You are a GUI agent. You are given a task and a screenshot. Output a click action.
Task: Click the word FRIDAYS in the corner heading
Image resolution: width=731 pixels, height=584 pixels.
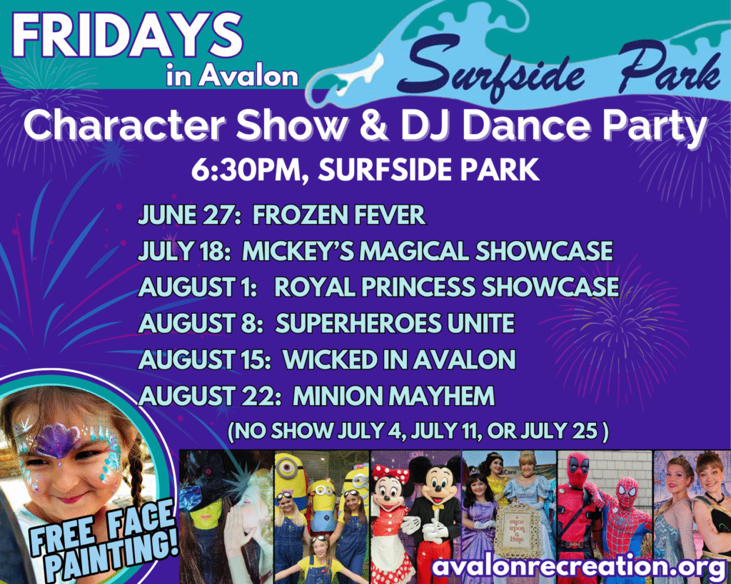pos(128,36)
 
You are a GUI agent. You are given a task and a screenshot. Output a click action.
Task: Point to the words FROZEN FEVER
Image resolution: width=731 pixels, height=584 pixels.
pos(339,215)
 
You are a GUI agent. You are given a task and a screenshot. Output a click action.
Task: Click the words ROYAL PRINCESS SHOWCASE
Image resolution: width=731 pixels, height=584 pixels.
pos(447,287)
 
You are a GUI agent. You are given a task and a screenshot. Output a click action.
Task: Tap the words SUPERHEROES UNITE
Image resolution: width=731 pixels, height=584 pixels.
pos(395,323)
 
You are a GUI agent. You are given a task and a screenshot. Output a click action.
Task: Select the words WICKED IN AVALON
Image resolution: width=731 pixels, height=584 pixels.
pos(399,359)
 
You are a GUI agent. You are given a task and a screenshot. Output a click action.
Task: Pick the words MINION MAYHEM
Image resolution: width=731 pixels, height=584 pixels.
pos(393,396)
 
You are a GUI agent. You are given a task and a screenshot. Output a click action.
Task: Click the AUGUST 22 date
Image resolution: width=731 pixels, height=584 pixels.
pos(209,396)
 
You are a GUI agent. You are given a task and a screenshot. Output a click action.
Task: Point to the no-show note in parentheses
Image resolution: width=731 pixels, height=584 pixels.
pos(418,431)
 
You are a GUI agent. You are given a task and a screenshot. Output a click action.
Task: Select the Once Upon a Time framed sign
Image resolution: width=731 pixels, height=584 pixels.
pos(517,528)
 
